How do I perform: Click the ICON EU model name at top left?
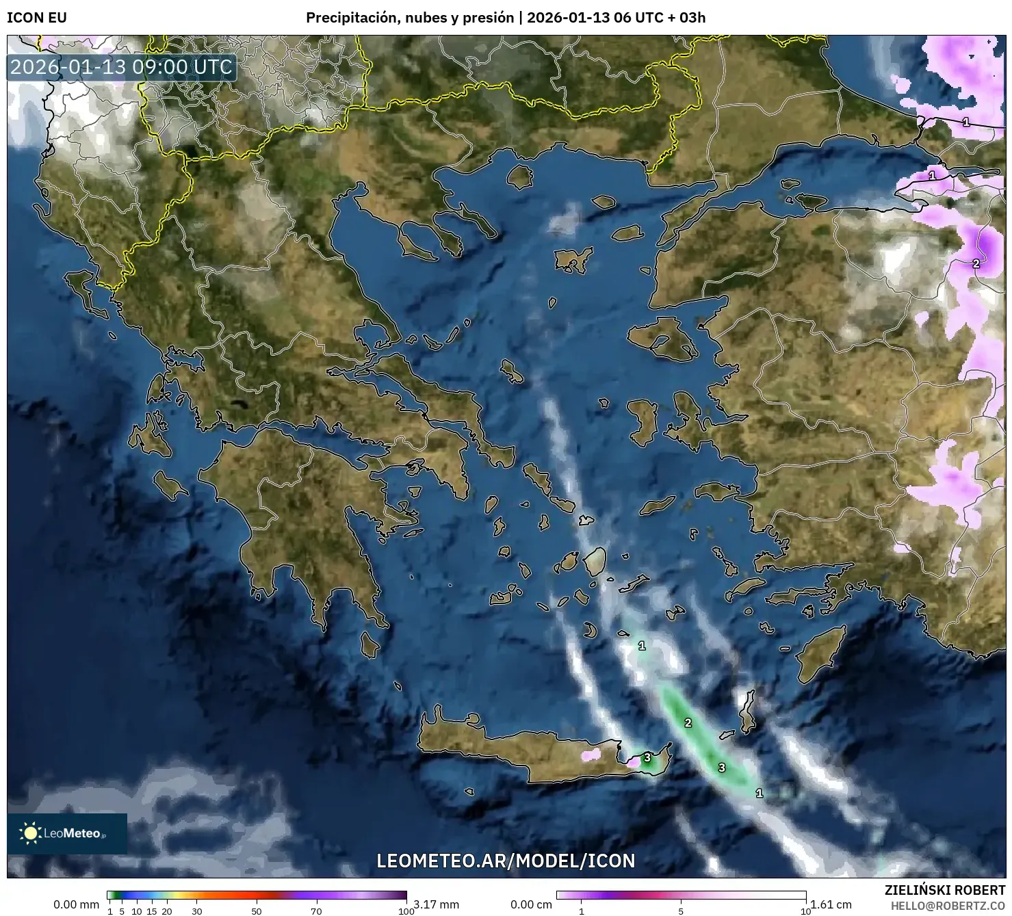[x=37, y=18]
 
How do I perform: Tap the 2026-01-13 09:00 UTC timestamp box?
[x=122, y=68]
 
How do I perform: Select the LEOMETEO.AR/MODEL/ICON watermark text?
[x=506, y=861]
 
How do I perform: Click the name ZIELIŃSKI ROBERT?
[x=944, y=891]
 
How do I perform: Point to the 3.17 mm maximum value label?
[x=436, y=904]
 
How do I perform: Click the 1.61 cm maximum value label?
[x=831, y=904]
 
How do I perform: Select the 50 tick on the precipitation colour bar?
[x=257, y=911]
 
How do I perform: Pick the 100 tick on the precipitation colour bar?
[x=406, y=911]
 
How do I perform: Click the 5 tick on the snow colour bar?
[x=681, y=911]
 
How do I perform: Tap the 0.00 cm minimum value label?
[x=531, y=904]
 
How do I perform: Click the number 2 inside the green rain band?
[x=688, y=723]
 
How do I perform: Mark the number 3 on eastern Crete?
[x=647, y=758]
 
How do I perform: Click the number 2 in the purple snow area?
[x=976, y=263]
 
